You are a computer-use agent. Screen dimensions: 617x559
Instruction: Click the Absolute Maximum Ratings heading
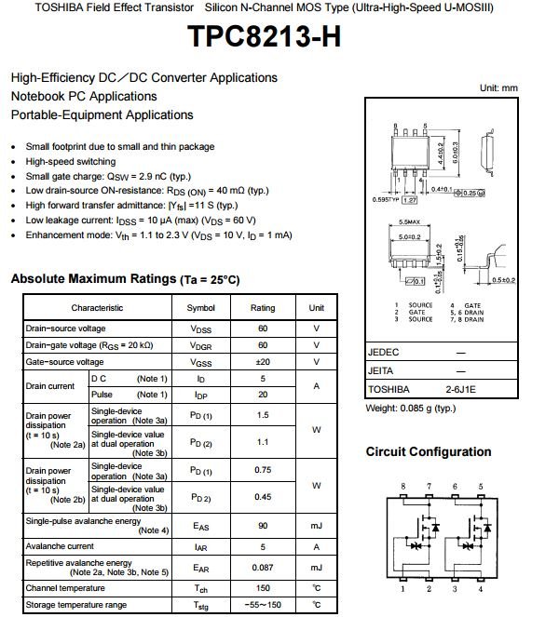[125, 279]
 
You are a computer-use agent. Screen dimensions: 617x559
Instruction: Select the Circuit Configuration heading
[428, 452]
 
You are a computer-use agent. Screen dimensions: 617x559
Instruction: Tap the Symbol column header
[200, 308]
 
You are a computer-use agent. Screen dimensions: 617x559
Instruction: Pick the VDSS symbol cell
[200, 329]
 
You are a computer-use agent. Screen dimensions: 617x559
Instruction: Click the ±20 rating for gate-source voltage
[263, 362]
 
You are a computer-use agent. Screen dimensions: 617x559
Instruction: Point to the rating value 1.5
[263, 415]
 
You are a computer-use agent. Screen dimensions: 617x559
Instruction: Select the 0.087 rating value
[263, 568]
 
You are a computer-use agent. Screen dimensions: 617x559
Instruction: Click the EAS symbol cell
[200, 527]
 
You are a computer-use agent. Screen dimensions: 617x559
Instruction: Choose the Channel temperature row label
[65, 588]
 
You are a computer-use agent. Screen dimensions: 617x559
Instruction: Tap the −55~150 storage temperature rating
[263, 605]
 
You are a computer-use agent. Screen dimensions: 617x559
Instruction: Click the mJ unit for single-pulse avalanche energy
[317, 527]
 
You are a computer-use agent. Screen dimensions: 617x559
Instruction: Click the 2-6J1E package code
[460, 389]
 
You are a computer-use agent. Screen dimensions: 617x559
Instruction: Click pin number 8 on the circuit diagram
[403, 487]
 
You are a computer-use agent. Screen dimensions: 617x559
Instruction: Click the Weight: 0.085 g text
[410, 408]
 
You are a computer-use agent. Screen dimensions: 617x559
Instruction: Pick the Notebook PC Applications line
[84, 97]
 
